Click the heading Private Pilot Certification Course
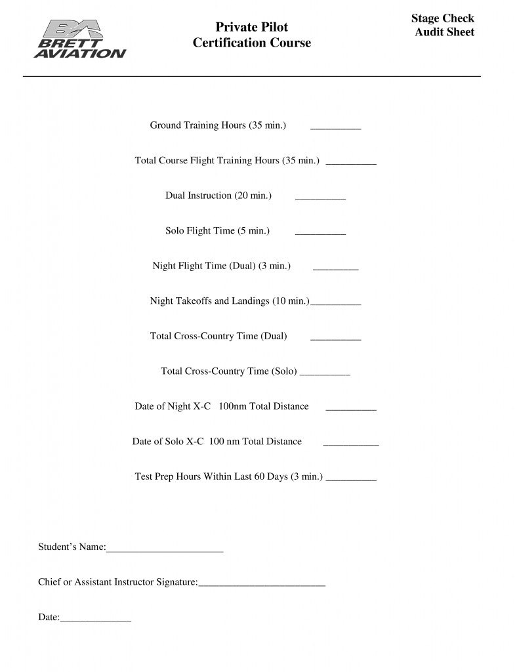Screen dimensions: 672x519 click(251, 35)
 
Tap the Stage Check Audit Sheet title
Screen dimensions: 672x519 click(443, 25)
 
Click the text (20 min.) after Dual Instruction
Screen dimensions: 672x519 click(253, 196)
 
